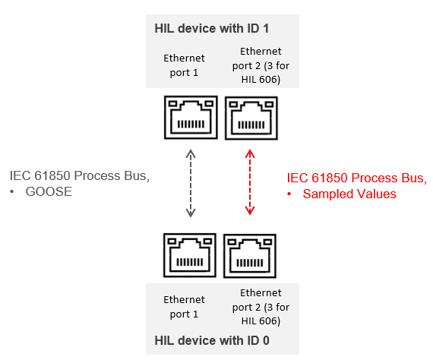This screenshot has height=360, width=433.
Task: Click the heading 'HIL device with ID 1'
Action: [x=211, y=28]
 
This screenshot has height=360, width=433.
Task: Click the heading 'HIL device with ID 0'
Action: [x=212, y=340]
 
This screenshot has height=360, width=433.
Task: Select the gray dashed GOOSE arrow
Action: [x=191, y=183]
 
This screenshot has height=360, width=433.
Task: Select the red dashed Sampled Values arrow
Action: [x=250, y=182]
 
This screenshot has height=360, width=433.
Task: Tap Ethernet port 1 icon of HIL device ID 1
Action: [x=191, y=117]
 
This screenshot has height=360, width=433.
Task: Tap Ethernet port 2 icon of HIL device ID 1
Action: [x=251, y=118]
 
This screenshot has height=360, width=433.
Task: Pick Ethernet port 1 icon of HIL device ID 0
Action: [x=190, y=255]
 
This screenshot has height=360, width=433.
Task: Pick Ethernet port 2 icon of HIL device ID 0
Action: [x=250, y=256]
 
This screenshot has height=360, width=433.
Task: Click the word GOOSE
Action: [x=49, y=191]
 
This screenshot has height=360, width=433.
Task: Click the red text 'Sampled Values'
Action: [x=349, y=194]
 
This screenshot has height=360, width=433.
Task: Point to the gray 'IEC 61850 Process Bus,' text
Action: [x=80, y=176]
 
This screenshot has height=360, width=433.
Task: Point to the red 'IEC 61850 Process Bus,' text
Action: [x=357, y=178]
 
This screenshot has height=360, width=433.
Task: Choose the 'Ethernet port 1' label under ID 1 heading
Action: [x=184, y=65]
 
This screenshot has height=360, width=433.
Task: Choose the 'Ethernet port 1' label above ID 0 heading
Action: [x=184, y=307]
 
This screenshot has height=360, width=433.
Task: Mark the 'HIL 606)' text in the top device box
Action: [x=261, y=80]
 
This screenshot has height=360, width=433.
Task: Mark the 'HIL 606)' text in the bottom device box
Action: [x=261, y=321]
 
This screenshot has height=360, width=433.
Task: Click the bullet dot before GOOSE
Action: [x=11, y=192]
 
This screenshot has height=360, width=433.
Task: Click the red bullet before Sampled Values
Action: [x=289, y=194]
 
